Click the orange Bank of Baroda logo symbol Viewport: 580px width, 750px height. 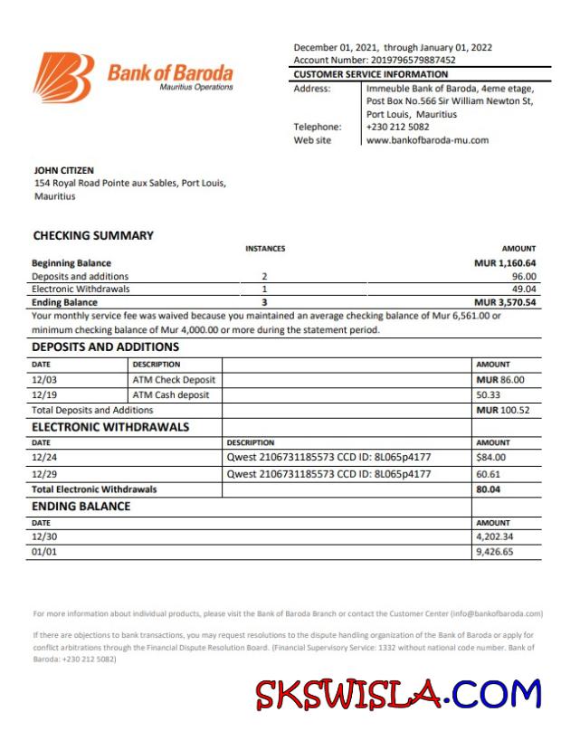(x=64, y=76)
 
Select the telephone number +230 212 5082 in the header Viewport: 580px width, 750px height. (x=398, y=128)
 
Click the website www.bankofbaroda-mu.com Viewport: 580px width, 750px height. (x=427, y=140)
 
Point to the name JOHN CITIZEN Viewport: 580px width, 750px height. (x=63, y=170)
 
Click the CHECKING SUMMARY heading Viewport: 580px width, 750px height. (x=93, y=235)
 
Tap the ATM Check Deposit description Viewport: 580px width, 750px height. (x=174, y=380)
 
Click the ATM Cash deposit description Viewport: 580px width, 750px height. (x=171, y=395)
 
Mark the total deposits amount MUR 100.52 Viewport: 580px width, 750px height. (x=502, y=410)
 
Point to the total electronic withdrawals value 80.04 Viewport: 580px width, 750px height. (x=489, y=489)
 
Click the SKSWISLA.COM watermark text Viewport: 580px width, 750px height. (x=398, y=695)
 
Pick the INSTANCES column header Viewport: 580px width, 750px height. (x=265, y=248)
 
